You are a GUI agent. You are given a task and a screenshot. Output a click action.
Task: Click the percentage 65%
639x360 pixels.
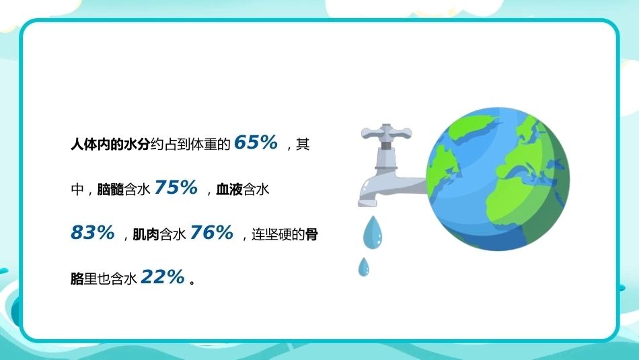pos(256,143)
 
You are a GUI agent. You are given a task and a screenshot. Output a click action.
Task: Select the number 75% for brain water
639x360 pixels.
pos(176,188)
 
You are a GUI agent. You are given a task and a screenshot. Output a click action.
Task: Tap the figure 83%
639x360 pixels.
pos(93,232)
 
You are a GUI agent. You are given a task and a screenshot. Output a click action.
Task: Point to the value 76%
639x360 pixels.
pos(211,232)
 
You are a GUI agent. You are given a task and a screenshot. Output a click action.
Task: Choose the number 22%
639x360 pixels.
pos(163,277)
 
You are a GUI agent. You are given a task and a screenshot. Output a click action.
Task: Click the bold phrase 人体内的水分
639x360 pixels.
pos(110,144)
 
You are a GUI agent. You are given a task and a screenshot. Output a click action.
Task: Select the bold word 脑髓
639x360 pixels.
pos(110,189)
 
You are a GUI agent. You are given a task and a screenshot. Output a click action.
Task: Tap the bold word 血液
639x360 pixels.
pos(229,189)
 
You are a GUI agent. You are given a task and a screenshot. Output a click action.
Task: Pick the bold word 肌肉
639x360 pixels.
pos(146,234)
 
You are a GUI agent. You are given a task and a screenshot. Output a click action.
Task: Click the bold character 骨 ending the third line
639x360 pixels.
pos(311,234)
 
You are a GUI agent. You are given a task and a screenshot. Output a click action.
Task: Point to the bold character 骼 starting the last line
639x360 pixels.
pos(77,279)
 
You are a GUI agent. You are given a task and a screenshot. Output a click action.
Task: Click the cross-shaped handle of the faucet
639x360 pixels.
pos(386,133)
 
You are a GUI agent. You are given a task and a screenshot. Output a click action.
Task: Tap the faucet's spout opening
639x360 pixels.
pos(367,203)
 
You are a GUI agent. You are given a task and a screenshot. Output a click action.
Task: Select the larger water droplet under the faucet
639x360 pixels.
pos(373,231)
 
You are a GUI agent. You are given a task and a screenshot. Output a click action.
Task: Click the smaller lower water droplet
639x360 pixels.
pos(363,266)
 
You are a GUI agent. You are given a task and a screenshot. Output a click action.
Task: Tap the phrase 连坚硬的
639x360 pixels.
pos(278,234)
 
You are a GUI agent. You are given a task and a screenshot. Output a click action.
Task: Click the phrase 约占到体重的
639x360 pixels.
pos(190,144)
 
